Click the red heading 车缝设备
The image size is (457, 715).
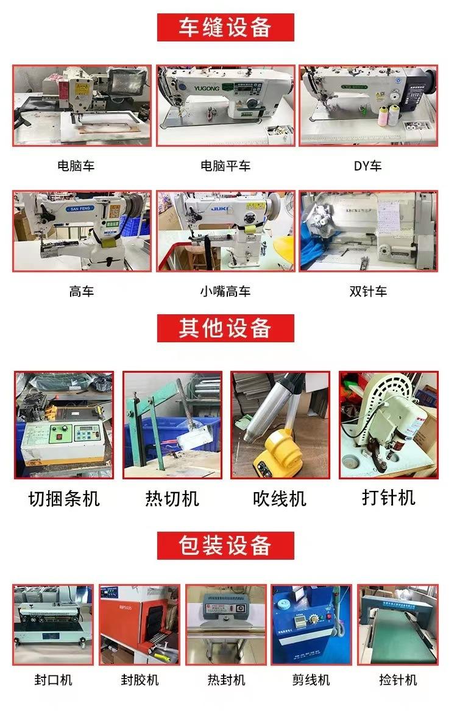coord(225,27)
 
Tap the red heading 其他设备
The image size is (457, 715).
coord(225,328)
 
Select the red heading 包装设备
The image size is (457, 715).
coord(225,545)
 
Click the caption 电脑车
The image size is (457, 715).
coord(76,166)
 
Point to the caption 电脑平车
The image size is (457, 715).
coord(225,166)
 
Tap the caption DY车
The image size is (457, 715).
coord(367,166)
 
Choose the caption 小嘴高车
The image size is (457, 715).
coord(225,291)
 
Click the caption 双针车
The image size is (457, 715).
coord(368,291)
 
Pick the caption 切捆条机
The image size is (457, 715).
coord(64,499)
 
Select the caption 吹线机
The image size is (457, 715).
coord(280,499)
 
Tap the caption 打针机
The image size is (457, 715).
coord(388,498)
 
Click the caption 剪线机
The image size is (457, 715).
coord(311,680)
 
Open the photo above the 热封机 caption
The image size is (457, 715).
coord(226,625)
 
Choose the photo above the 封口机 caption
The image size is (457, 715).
coord(54,625)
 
